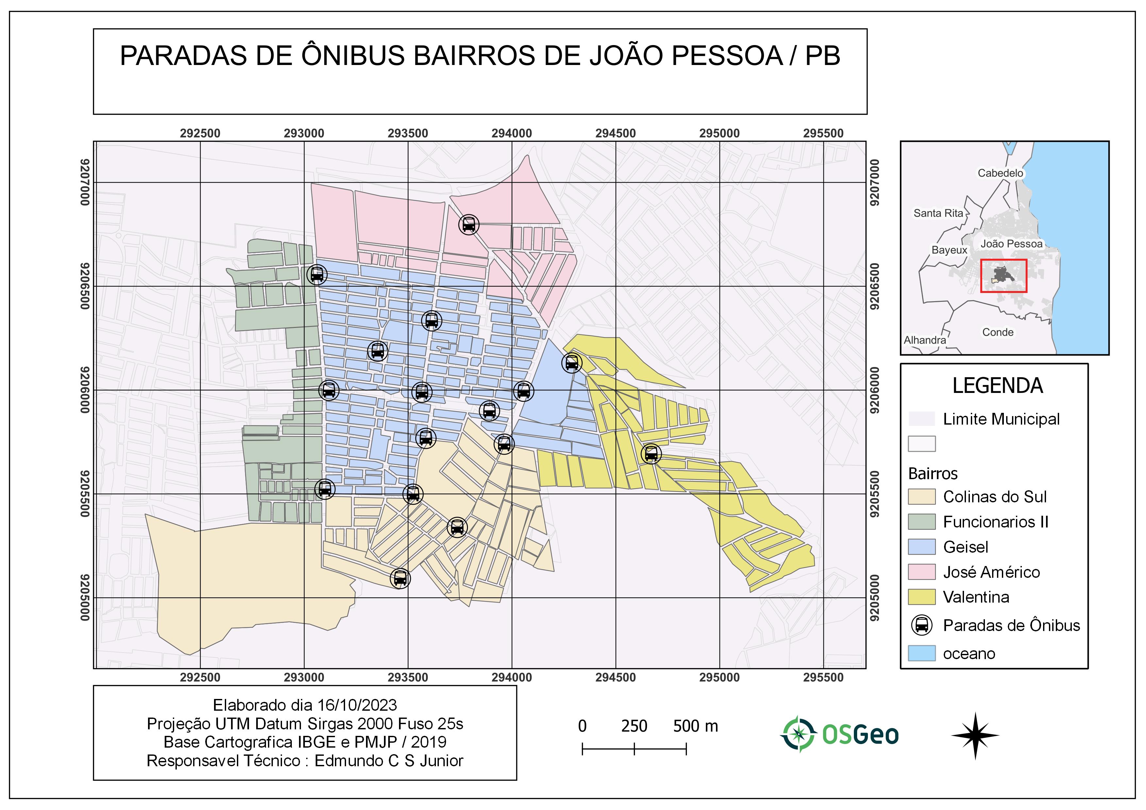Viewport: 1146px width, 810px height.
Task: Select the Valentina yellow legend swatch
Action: click(x=922, y=597)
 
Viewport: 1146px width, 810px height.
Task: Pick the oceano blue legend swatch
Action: click(x=922, y=653)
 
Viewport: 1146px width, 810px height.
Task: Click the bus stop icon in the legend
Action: click(x=922, y=625)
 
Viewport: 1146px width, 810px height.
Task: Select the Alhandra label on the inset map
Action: click(x=924, y=340)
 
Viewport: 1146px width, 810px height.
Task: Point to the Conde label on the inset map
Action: click(x=997, y=332)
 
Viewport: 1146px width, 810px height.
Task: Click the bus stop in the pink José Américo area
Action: click(x=469, y=224)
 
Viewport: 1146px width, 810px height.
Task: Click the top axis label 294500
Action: click(x=615, y=134)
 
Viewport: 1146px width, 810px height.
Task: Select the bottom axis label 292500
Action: click(x=200, y=677)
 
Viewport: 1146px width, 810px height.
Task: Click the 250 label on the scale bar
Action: click(x=634, y=726)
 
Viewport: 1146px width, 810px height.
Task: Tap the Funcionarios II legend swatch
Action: click(x=922, y=522)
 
